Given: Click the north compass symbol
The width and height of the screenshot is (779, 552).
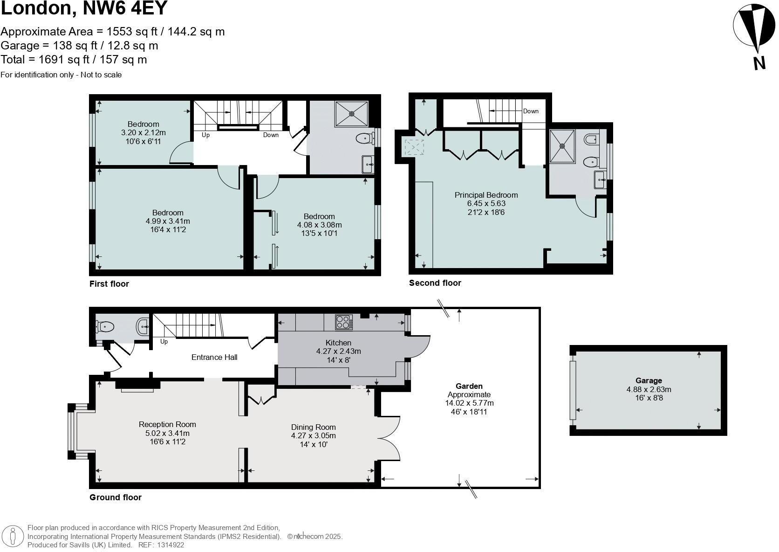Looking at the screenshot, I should coord(751,28).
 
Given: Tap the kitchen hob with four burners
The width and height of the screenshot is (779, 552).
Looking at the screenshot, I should coord(344,322).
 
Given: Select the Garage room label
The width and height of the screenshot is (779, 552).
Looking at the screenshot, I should coord(649,380).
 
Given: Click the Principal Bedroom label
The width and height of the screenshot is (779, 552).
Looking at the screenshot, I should coord(486,195).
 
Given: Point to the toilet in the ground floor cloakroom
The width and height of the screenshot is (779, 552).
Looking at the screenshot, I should coord(105,326).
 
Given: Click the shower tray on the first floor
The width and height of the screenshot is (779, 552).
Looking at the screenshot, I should coord(352,113).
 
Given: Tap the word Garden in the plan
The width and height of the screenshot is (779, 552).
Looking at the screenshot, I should coord(469,386).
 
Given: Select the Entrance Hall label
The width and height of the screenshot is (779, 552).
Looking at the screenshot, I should coord(214,357).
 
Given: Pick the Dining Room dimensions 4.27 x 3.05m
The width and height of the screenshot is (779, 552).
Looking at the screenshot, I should coord(313,436).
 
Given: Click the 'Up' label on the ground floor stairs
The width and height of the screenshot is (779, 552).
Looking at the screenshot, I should coord(164,342).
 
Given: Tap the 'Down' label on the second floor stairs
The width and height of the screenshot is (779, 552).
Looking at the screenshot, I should coord(531,111).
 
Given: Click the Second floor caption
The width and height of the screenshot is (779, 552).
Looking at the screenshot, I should coord(435,283).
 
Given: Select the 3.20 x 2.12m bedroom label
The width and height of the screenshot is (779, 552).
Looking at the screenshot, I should coord(143,132).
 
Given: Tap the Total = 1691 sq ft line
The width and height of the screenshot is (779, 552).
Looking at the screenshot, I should coord(74,60).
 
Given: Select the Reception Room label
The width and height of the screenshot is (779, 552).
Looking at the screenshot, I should coord(167,424).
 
